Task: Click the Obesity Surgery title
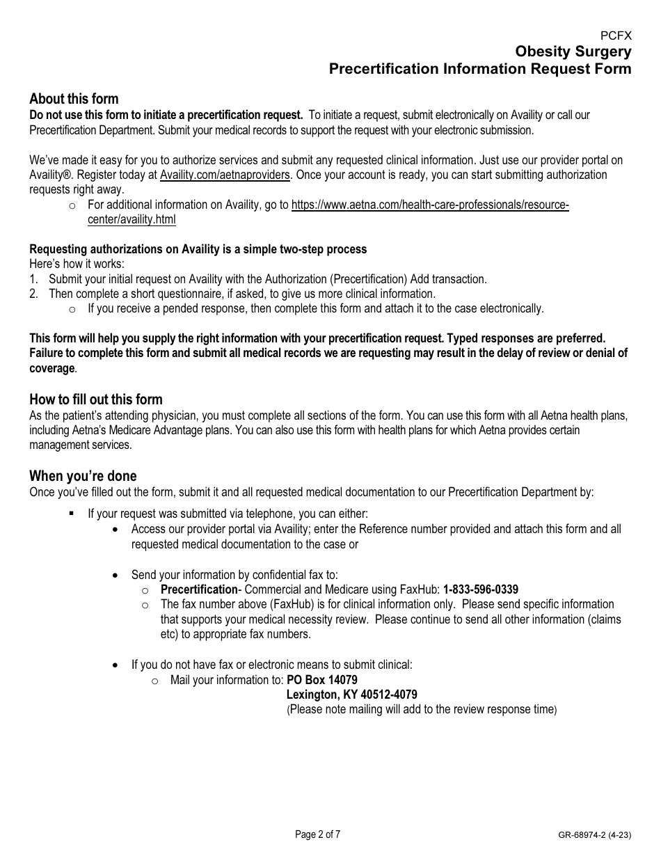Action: (573, 52)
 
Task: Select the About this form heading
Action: (74, 99)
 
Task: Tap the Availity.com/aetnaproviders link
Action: (225, 175)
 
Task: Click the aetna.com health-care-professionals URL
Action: (429, 205)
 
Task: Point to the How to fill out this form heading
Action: (95, 399)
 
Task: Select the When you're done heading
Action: (83, 476)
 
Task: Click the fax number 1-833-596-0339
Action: (480, 589)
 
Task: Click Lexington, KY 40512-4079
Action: (351, 695)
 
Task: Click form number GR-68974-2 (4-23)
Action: (594, 835)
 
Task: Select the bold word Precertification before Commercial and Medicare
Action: (199, 589)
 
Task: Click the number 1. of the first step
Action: (33, 279)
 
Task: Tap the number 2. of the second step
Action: (33, 294)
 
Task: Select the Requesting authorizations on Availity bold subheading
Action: (198, 249)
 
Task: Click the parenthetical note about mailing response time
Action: (422, 710)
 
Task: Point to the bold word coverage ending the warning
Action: (51, 368)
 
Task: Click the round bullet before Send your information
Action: (116, 576)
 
